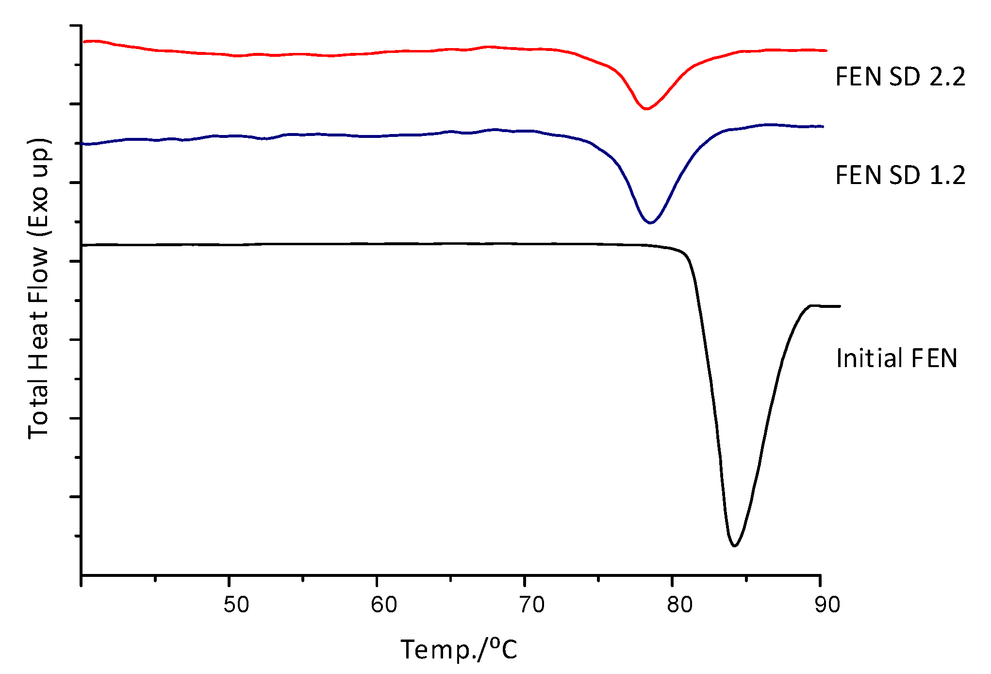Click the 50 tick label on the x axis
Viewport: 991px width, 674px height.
click(x=236, y=605)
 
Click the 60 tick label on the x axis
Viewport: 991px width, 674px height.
click(x=384, y=605)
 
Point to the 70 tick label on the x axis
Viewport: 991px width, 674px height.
click(x=532, y=605)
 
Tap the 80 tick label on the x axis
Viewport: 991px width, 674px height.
click(x=679, y=605)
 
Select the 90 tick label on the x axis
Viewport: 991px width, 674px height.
click(x=827, y=605)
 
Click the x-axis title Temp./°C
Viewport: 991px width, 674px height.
click(x=459, y=650)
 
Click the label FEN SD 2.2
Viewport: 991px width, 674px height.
click(x=900, y=77)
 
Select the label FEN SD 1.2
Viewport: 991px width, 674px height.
click(x=900, y=175)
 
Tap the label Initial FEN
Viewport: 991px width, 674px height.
click(x=896, y=359)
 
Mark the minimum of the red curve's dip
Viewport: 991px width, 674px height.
click(x=646, y=109)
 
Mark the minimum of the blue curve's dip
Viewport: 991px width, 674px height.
click(x=650, y=223)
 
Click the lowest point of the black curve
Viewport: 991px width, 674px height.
click(x=734, y=546)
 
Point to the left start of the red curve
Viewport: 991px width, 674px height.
click(x=84, y=42)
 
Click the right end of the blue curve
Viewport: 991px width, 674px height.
click(x=823, y=126)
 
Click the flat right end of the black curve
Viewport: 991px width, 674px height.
click(x=839, y=306)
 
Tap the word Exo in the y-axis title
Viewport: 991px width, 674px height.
click(x=39, y=204)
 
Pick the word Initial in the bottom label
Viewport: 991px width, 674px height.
click(x=869, y=359)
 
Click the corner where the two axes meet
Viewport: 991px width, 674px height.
click(x=82, y=575)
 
